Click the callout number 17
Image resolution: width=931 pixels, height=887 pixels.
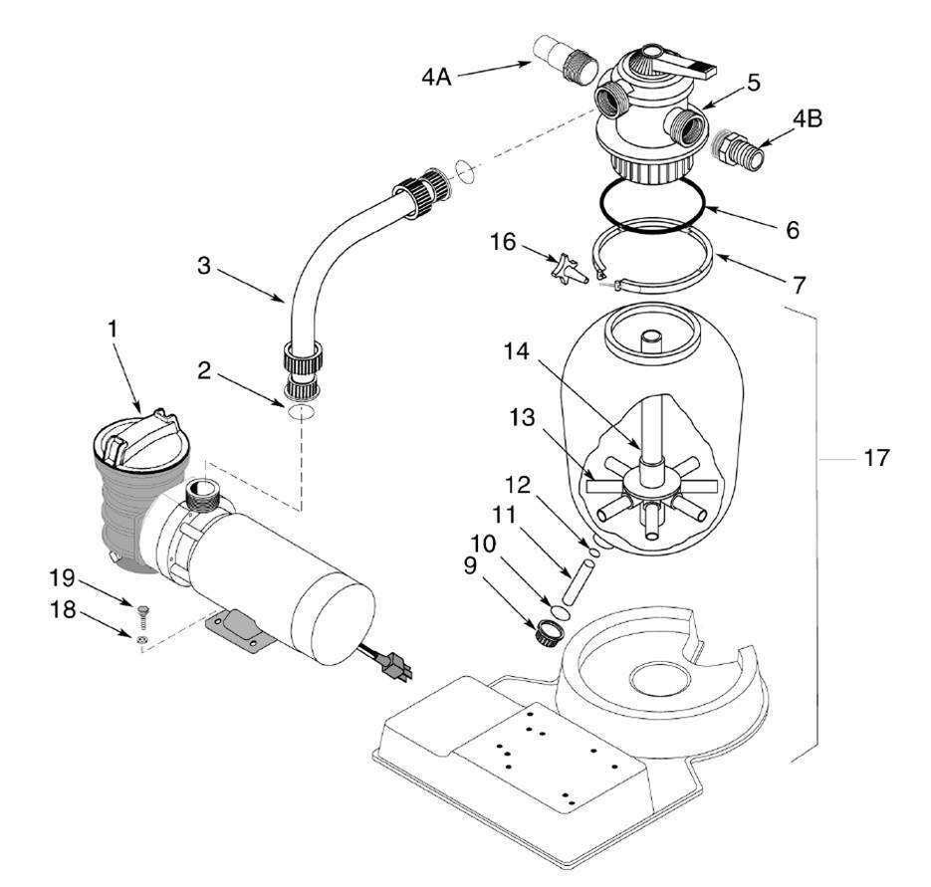click(877, 459)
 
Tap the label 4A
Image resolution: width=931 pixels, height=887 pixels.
click(435, 76)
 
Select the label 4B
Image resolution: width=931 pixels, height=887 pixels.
click(808, 118)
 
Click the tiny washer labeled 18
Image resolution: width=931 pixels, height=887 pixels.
click(143, 639)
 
